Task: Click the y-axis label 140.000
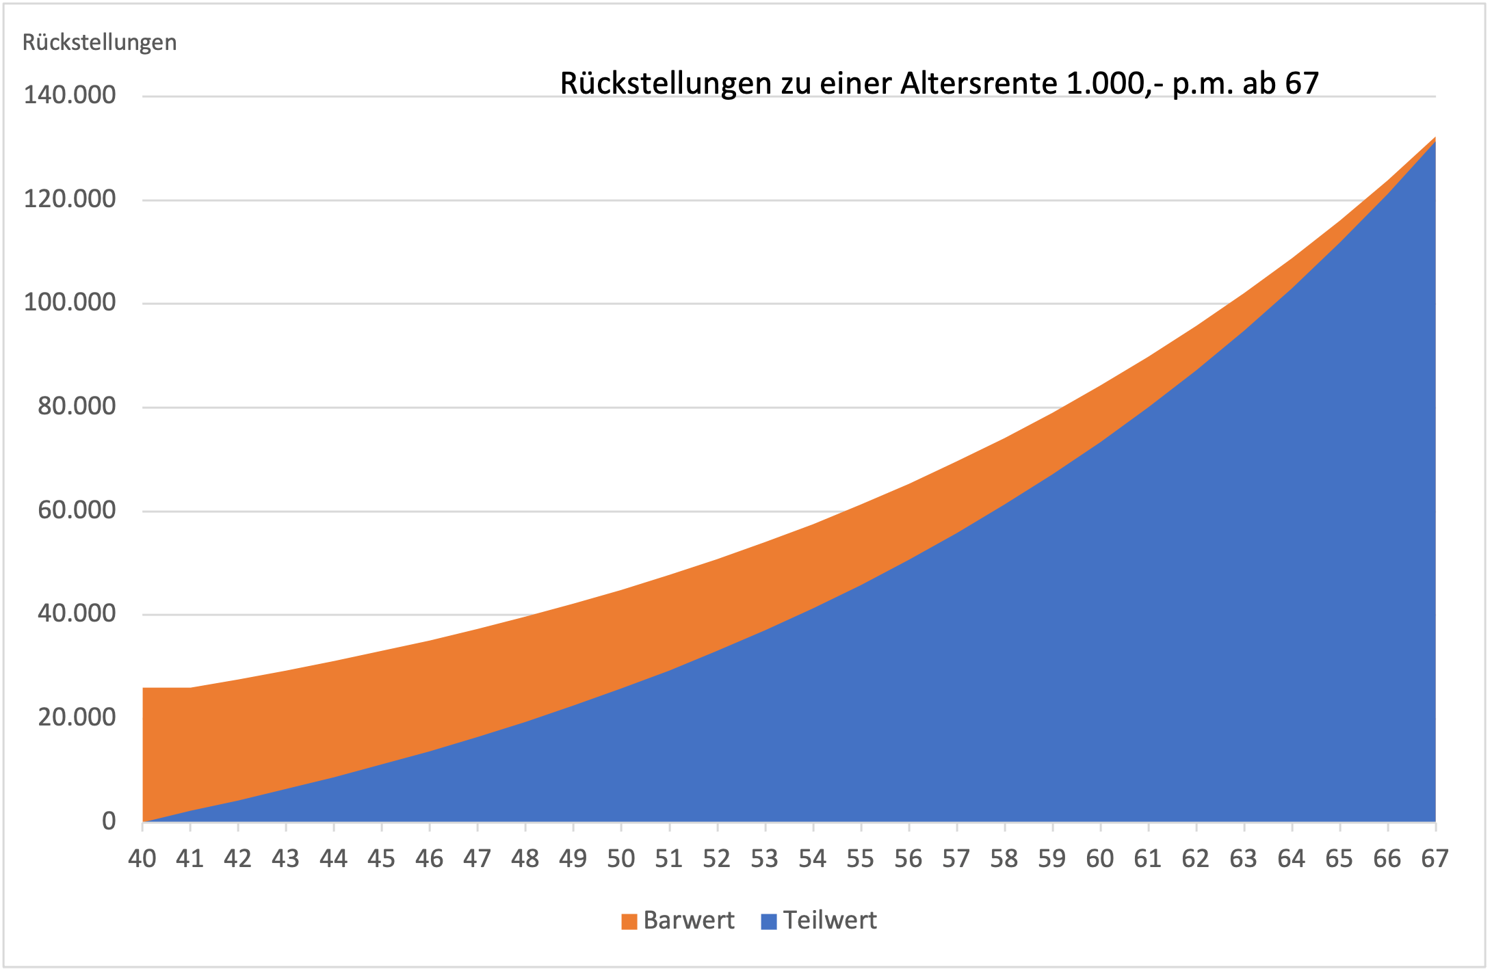click(x=69, y=95)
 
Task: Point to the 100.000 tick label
click(x=69, y=302)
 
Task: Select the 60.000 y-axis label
click(x=77, y=510)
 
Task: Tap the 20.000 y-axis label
click(x=77, y=717)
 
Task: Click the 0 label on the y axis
click(x=109, y=821)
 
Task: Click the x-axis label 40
click(x=142, y=859)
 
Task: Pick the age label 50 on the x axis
click(x=621, y=859)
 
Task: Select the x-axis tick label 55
click(x=861, y=859)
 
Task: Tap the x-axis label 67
click(x=1435, y=859)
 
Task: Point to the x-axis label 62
click(x=1196, y=859)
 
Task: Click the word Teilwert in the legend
click(x=830, y=920)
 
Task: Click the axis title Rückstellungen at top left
click(x=99, y=42)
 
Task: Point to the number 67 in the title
click(x=1301, y=83)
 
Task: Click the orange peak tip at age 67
click(x=1433, y=139)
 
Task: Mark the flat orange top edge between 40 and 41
click(x=166, y=689)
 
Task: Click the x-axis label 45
click(x=382, y=859)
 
